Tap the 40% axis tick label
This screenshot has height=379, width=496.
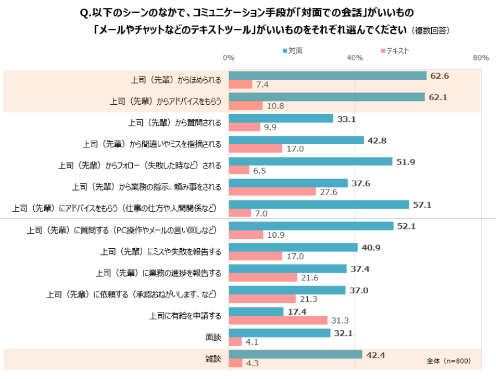click(354, 58)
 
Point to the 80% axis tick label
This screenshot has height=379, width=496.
click(480, 58)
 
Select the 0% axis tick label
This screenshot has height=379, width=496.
click(228, 58)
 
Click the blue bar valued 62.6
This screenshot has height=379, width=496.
click(327, 75)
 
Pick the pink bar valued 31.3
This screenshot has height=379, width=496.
click(278, 320)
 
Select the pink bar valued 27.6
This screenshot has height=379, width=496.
click(272, 192)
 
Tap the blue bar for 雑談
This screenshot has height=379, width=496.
click(295, 355)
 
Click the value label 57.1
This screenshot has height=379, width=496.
click(422, 204)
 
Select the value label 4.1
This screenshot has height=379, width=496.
click(252, 342)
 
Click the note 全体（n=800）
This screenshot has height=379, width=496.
click(448, 361)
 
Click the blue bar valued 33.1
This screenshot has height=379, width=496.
click(281, 119)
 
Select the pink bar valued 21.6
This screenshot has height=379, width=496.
click(262, 278)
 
